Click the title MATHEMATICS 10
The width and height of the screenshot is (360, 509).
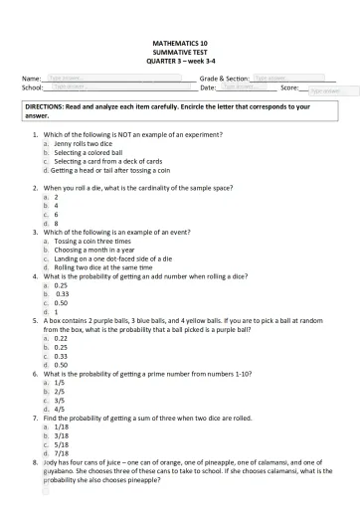click(180, 45)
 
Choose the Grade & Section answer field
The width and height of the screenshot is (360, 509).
click(275, 77)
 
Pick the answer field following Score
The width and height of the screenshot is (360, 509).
click(325, 90)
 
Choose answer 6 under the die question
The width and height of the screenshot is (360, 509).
click(57, 214)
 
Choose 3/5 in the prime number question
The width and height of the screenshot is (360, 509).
click(60, 400)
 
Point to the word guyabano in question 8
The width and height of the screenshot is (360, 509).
click(60, 471)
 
